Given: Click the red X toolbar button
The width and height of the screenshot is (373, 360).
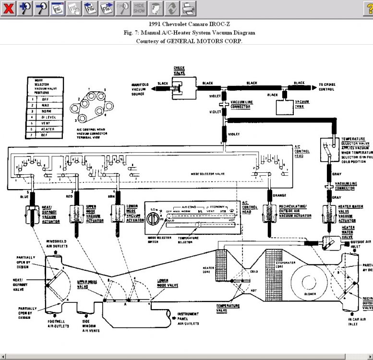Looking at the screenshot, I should [x=8, y=8].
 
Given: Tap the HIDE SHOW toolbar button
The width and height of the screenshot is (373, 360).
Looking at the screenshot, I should [x=139, y=8].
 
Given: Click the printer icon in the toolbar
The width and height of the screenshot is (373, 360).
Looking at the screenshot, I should [x=189, y=8].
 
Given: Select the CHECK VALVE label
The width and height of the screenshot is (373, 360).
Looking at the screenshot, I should [x=179, y=71].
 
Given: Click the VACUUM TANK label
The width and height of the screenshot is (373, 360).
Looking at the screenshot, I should [x=302, y=104].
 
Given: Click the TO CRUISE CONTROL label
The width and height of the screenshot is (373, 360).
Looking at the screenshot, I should [x=327, y=86].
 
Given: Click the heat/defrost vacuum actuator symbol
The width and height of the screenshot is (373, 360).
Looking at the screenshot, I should [x=31, y=214].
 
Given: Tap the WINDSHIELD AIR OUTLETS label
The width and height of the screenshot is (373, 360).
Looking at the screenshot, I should [x=56, y=243].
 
